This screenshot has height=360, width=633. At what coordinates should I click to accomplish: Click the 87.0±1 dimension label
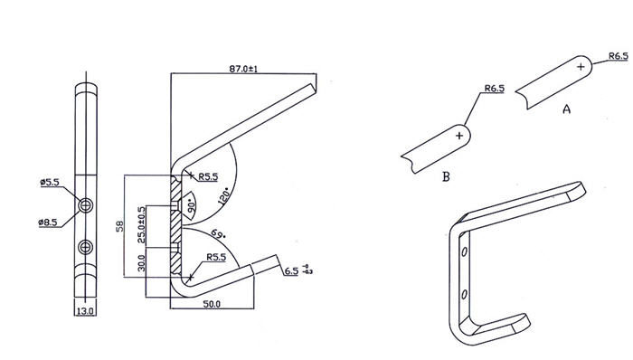[x=243, y=69]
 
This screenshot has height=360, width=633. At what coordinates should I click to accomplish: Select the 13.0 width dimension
[x=85, y=311]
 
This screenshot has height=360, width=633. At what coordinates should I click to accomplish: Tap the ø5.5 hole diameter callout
[x=50, y=183]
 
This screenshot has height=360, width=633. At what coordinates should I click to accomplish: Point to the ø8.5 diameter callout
[x=48, y=223]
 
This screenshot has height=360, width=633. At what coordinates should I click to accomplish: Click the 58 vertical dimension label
[x=120, y=226]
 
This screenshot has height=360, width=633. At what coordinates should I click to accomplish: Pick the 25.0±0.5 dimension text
[x=141, y=225]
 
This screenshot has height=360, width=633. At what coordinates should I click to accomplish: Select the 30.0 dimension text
[x=141, y=262]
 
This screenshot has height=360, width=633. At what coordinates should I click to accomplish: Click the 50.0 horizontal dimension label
[x=212, y=304]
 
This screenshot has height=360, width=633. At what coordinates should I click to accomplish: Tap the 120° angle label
[x=223, y=197]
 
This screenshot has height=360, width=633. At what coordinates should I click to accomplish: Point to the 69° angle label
[x=218, y=234]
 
